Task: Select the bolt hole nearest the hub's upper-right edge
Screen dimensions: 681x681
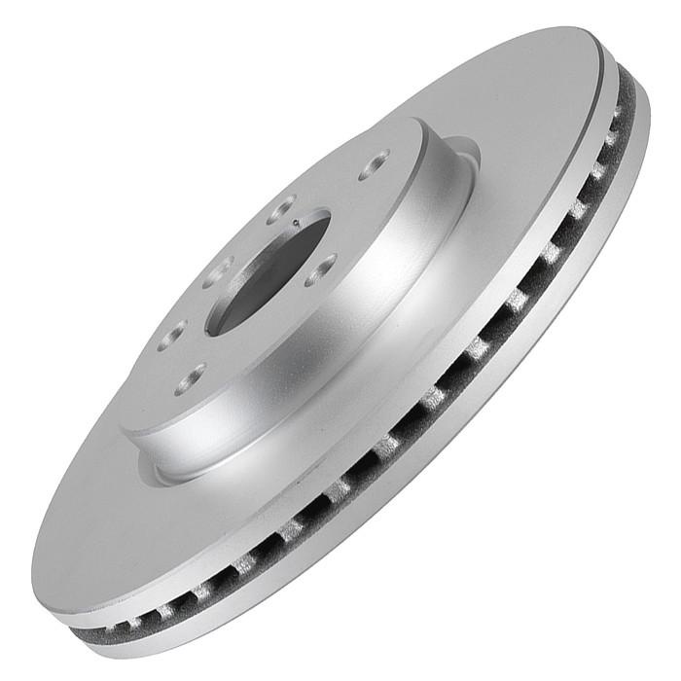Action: coord(374,164)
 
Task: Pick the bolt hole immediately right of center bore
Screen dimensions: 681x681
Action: coord(320,269)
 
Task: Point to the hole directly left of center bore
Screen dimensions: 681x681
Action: coord(216,272)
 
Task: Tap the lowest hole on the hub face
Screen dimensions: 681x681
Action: coord(190,377)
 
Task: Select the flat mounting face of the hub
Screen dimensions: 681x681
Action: coord(243,350)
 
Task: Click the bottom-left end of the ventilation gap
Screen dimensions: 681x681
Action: coord(83,631)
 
